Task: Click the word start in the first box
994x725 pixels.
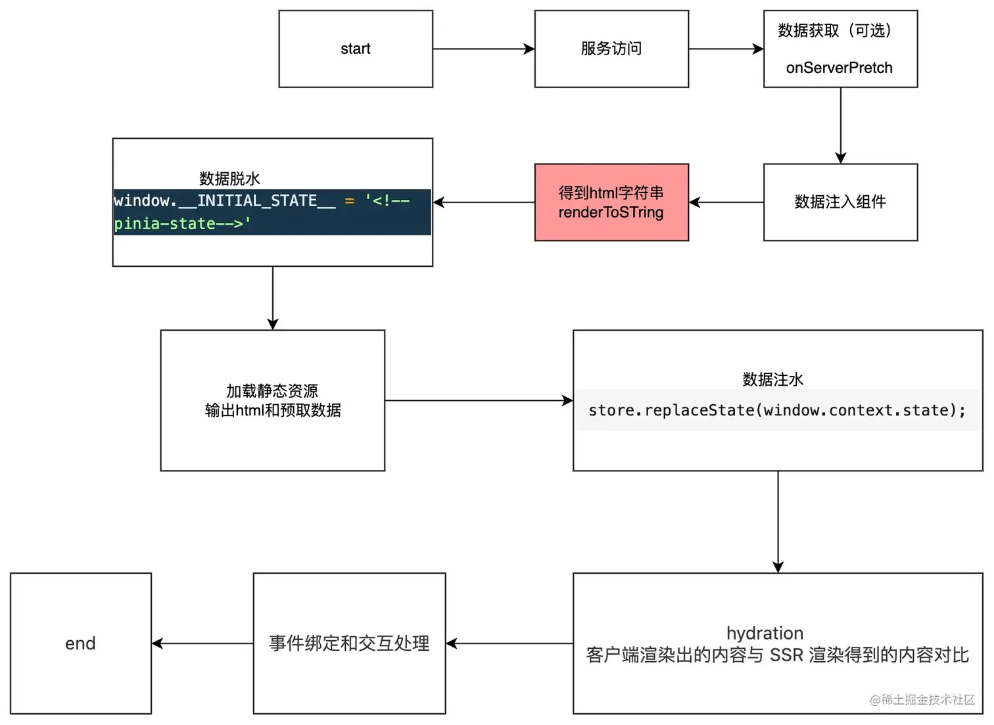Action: [356, 49]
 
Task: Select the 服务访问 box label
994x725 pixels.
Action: [611, 49]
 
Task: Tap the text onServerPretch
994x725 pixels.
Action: [839, 68]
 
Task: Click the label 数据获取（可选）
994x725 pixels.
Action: [835, 31]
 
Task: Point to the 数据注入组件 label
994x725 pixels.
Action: [840, 202]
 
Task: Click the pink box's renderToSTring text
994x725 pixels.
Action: [611, 212]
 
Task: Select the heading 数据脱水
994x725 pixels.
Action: [229, 179]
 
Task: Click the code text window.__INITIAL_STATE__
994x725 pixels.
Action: [225, 201]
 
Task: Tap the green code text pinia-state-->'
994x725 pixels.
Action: [182, 223]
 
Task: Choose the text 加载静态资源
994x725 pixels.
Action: [272, 391]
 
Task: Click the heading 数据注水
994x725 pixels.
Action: [773, 379]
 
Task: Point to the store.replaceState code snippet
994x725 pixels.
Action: [777, 410]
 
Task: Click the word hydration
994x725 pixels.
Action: [765, 633]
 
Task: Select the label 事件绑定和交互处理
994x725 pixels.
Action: [349, 643]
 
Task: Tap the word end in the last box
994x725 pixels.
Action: [80, 643]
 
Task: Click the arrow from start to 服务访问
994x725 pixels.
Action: [484, 49]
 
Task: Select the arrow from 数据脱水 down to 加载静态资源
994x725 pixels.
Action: [273, 298]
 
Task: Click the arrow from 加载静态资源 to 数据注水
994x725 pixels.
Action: [479, 401]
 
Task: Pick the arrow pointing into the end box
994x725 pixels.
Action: [202, 643]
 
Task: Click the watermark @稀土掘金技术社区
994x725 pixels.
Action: [922, 700]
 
